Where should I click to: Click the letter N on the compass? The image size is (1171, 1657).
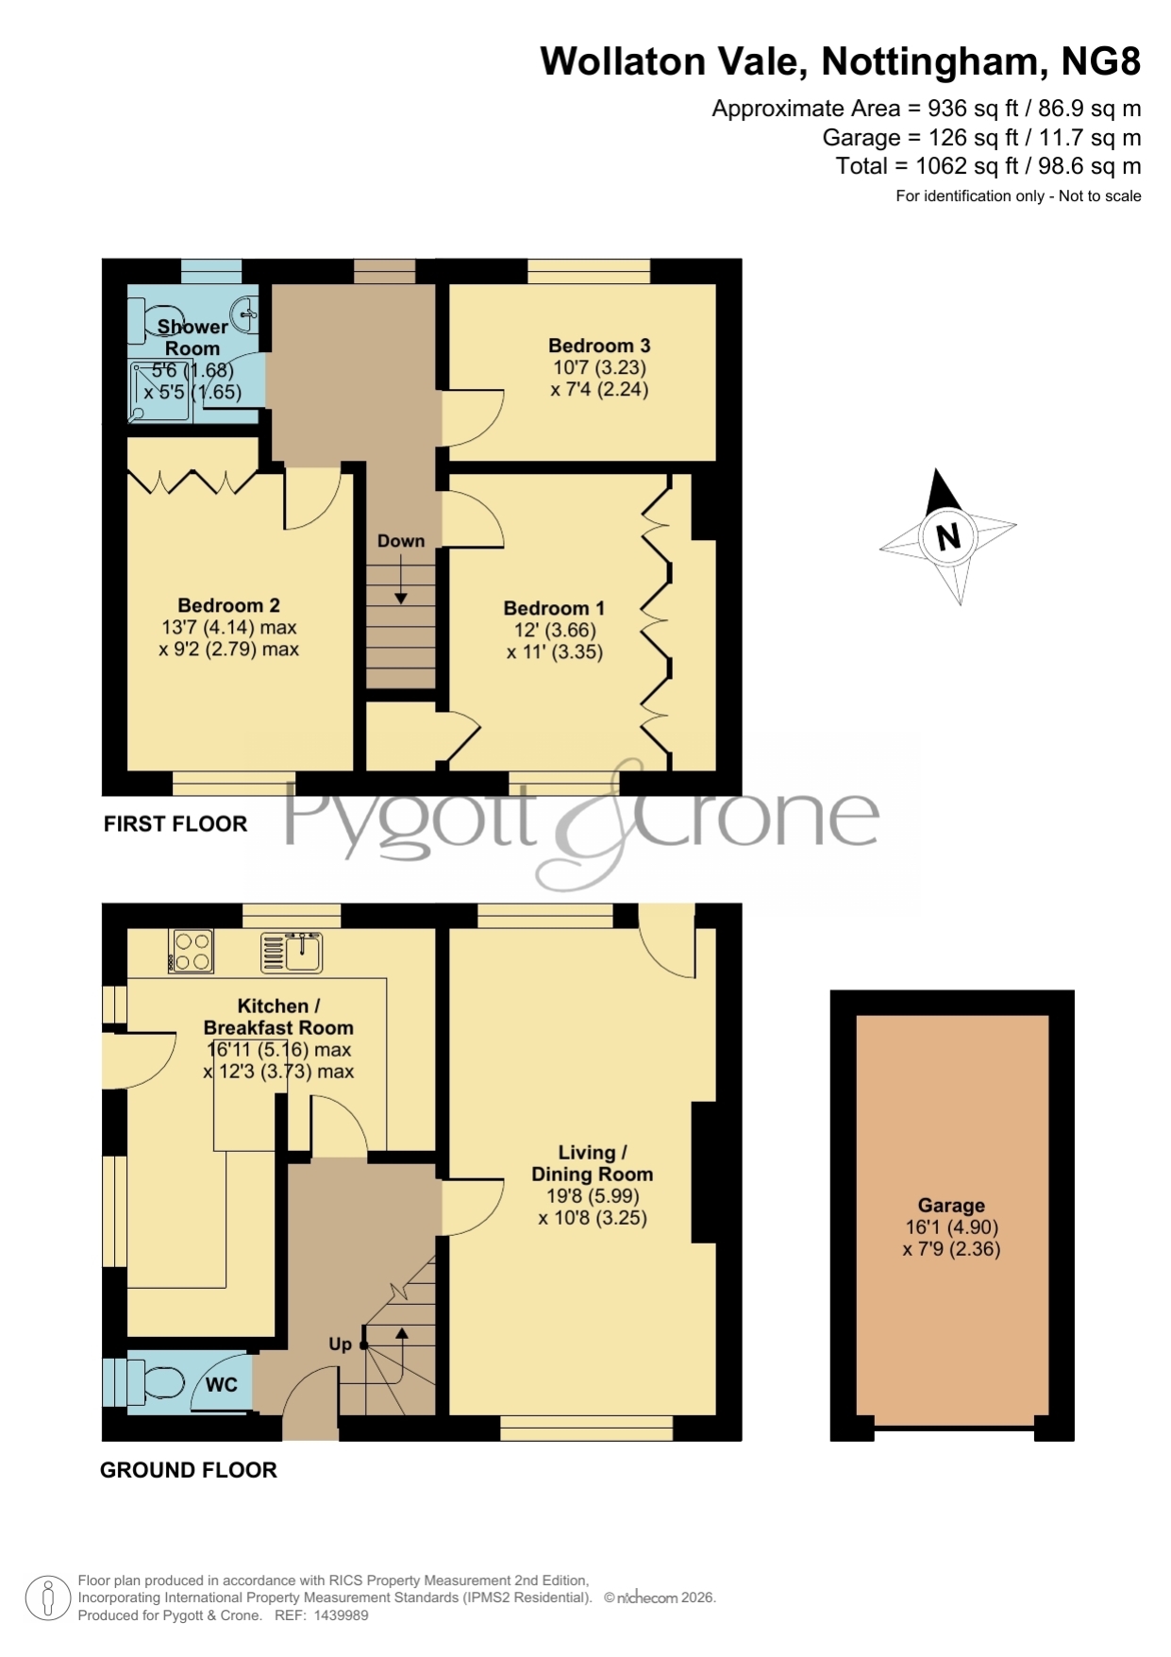tap(948, 536)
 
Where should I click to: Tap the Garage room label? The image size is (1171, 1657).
tap(951, 1206)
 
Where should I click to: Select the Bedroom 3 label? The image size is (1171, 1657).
tap(599, 346)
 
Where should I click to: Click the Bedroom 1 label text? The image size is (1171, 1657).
tap(554, 608)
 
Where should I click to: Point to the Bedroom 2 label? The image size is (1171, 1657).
tap(228, 605)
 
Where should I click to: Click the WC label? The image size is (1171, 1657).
tap(222, 1385)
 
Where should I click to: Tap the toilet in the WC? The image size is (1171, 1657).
tap(155, 1384)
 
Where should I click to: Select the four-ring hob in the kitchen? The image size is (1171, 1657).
tap(192, 951)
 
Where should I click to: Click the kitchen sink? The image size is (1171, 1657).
tap(292, 951)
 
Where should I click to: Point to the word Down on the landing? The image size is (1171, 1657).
tap(401, 541)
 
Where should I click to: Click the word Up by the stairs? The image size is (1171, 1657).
tap(340, 1344)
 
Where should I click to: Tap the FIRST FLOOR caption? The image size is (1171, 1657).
tap(176, 824)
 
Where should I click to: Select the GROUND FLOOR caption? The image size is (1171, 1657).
tap(189, 1470)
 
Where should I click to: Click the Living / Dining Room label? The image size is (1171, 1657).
tap(593, 1163)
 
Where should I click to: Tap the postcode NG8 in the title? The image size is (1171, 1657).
tap(1101, 61)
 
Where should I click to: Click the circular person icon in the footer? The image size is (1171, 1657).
tap(47, 1598)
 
